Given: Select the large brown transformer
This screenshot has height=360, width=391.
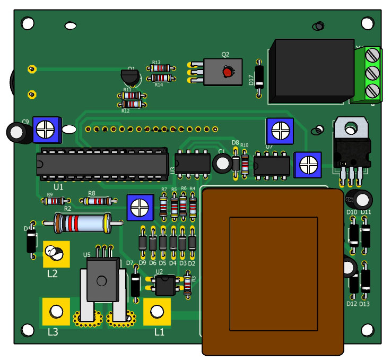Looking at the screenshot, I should click(x=273, y=271).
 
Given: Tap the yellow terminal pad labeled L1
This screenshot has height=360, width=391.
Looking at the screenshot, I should click(x=157, y=311).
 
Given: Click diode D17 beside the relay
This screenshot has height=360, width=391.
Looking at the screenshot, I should click(x=259, y=77).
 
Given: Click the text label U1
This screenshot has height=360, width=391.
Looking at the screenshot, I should click(x=58, y=187).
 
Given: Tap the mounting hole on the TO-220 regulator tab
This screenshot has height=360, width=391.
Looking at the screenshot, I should click(x=350, y=127).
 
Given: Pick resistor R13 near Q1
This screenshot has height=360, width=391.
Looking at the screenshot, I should click(x=160, y=68).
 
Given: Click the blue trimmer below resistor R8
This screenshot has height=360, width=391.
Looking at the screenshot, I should click(x=140, y=207).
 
